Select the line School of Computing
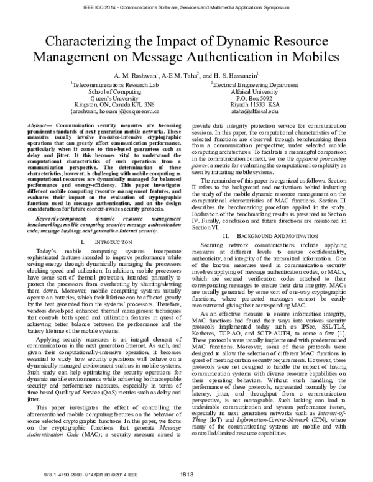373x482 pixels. (114, 91)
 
